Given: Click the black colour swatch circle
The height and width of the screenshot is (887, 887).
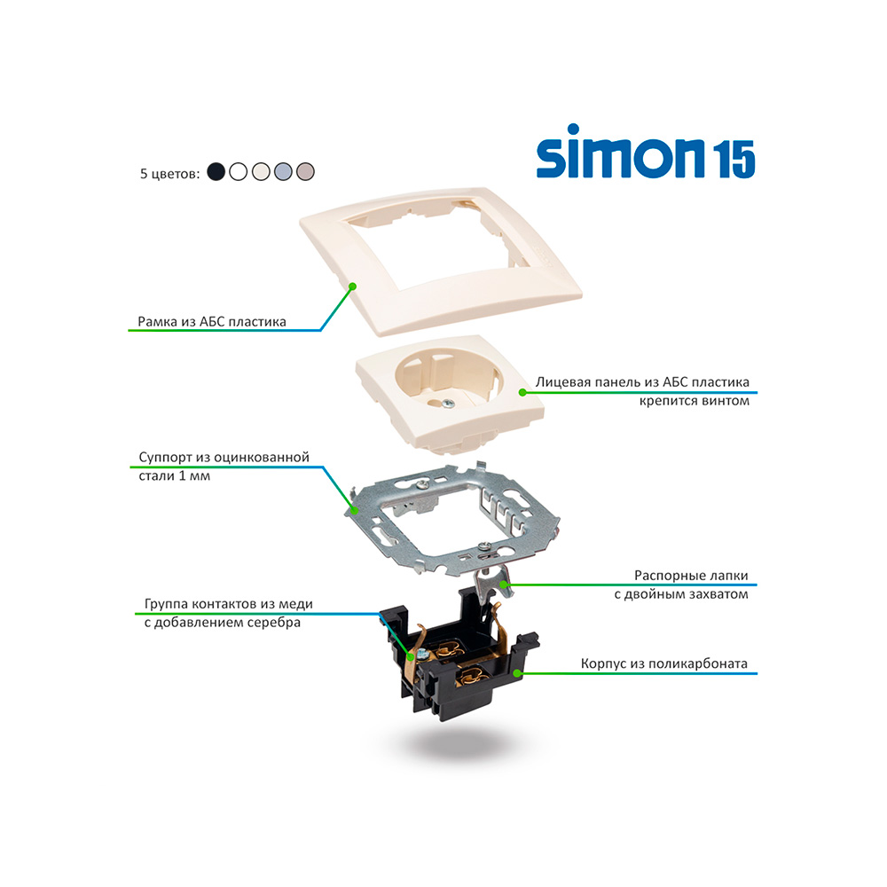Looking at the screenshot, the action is coord(216,171).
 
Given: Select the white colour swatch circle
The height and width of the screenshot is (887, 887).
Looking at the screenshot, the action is coord(238,171).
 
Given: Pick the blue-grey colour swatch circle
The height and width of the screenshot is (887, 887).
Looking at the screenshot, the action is coord(283,171).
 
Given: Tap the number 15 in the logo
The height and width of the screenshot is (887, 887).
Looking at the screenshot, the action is coord(734,159).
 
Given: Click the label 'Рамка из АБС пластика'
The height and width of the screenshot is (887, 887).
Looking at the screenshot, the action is coord(212,321).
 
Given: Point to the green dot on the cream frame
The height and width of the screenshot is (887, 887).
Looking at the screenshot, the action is coord(352,287).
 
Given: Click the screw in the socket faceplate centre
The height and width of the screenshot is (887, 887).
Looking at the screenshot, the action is coord(447,403).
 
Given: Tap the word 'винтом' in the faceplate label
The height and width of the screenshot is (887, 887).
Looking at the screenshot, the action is coord(726,401).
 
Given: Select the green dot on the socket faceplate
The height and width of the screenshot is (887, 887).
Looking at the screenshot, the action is coord(522,391).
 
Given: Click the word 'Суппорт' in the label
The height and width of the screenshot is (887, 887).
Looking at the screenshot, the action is coord(165,457).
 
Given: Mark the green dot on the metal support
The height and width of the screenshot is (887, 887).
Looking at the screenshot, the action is coord(355,510).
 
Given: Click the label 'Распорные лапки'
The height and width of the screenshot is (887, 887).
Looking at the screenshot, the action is coord(691,576).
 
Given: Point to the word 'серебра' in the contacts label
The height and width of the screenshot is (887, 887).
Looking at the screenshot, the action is coord(274,623).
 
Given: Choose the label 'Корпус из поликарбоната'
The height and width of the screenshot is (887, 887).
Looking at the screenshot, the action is coord(664,663).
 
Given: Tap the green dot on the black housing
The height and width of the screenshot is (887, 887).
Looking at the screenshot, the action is coord(517,673).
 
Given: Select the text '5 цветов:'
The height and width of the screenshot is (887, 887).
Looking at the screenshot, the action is coord(169,173).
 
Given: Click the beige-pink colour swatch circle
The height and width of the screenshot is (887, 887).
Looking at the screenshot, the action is coord(305,171).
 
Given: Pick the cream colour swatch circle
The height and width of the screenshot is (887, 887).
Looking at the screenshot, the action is coord(261,171).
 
